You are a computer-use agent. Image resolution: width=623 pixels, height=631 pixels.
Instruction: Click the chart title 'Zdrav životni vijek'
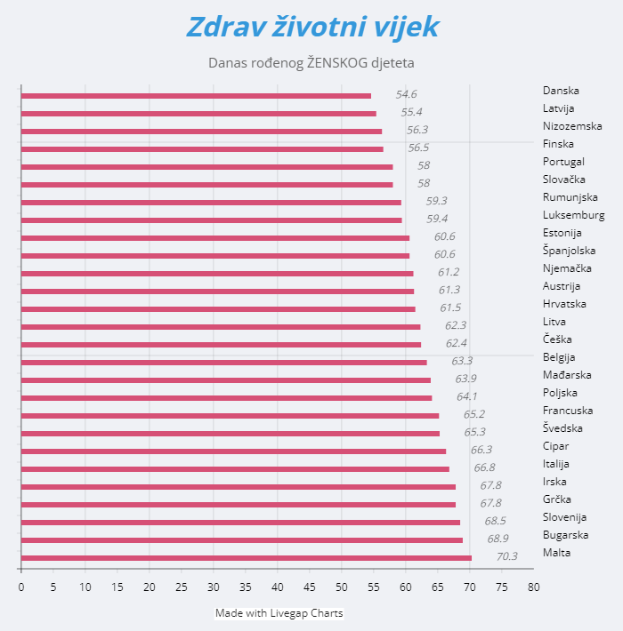pyautogui.click(x=311, y=27)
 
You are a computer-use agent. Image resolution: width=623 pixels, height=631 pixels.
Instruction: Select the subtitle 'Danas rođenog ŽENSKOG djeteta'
pyautogui.click(x=311, y=63)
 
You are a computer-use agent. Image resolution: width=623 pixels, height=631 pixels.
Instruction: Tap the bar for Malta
pyautogui.click(x=246, y=558)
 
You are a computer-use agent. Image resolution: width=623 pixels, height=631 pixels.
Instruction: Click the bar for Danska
pyautogui.click(x=196, y=96)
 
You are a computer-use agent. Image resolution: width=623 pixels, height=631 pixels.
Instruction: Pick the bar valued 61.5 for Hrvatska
pyautogui.click(x=218, y=309)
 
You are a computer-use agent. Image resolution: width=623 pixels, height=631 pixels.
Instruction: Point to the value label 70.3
pyautogui.click(x=506, y=557)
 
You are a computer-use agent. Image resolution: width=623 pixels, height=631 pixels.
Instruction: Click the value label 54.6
pyautogui.click(x=406, y=94)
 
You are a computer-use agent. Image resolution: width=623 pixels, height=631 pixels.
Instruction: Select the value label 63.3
pyautogui.click(x=462, y=361)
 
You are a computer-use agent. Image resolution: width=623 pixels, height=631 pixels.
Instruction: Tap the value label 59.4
pyautogui.click(x=437, y=219)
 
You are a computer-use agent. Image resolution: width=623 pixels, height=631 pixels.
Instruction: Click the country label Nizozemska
pyautogui.click(x=572, y=126)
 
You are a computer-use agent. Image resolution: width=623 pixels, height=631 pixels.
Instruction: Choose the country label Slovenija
pyautogui.click(x=564, y=517)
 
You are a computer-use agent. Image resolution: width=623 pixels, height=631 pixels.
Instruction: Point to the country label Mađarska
pyautogui.click(x=567, y=375)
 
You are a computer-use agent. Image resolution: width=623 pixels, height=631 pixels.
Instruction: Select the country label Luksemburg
pyautogui.click(x=573, y=215)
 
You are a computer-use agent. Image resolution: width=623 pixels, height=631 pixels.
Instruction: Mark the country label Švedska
pyautogui.click(x=562, y=428)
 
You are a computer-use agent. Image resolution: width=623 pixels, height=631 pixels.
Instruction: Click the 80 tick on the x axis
pyautogui.click(x=533, y=587)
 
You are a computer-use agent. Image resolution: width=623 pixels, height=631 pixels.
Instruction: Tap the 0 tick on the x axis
pyautogui.click(x=21, y=587)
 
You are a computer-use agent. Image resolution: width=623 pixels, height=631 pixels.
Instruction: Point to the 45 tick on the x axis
pyautogui.click(x=310, y=587)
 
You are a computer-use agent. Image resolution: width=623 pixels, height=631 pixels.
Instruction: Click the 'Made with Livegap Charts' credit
pyautogui.click(x=279, y=613)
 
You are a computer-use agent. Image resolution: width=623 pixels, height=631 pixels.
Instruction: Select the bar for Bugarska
pyautogui.click(x=241, y=540)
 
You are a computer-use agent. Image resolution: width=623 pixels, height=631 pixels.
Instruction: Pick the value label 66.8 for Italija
pyautogui.click(x=484, y=467)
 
